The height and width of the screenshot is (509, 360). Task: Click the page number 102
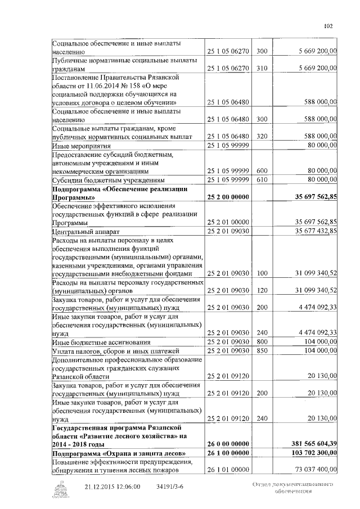click(329, 25)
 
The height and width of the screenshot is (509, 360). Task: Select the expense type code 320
click(261, 137)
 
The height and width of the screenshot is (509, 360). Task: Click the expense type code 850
click(261, 350)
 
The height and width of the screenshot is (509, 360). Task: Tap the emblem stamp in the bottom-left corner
click(58, 489)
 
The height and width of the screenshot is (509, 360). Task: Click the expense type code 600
click(261, 170)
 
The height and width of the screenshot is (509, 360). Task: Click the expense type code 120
click(261, 291)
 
